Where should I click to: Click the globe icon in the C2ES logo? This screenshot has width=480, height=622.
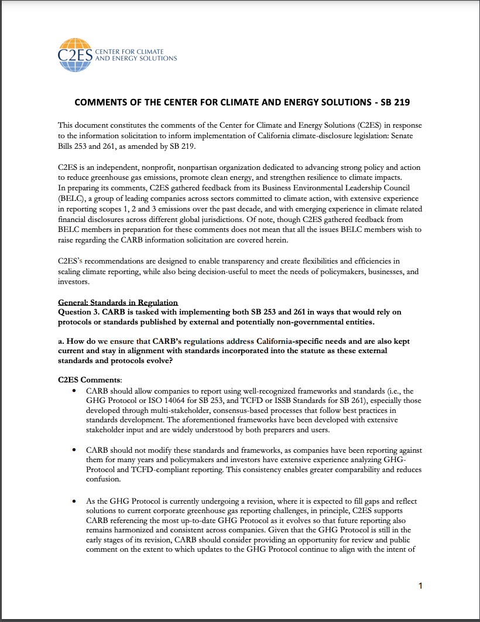[74, 46]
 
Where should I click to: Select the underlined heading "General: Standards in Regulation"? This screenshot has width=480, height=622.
[118, 302]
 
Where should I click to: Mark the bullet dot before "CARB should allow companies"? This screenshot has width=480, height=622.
[74, 390]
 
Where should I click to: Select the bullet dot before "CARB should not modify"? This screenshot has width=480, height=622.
[74, 450]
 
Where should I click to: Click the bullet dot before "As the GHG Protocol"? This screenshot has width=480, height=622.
[74, 501]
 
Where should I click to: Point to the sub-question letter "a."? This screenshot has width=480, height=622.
[61, 341]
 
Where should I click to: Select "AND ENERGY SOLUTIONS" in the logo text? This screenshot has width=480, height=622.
[136, 59]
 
